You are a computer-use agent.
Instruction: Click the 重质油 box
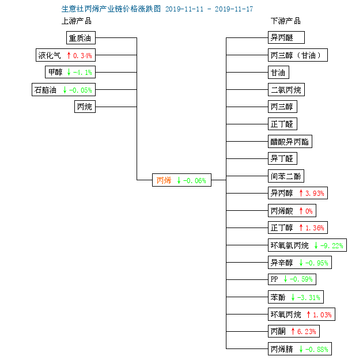pyautogui.click(x=81, y=37)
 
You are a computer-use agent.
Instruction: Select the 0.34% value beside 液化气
pyautogui.click(x=82, y=55)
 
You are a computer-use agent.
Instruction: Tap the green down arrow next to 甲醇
pyautogui.click(x=69, y=72)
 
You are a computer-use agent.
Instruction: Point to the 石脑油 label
pyautogui.click(x=46, y=90)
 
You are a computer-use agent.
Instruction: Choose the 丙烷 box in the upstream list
pyautogui.click(x=85, y=107)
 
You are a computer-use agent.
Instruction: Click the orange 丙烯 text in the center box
pyautogui.click(x=164, y=180)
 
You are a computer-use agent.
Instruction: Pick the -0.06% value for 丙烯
pyautogui.click(x=195, y=180)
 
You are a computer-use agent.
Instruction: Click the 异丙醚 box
pyautogui.click(x=286, y=37)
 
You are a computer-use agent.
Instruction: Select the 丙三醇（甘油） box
pyautogui.click(x=298, y=55)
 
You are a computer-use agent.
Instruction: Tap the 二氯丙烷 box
pyautogui.click(x=286, y=89)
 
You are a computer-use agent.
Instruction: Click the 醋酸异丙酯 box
pyautogui.click(x=290, y=141)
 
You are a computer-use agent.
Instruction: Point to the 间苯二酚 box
pyautogui.click(x=286, y=176)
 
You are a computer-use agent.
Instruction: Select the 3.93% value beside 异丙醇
pyautogui.click(x=315, y=193)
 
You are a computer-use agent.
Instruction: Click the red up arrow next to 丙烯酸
pyautogui.click(x=301, y=211)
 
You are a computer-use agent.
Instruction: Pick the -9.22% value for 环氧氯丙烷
pyautogui.click(x=331, y=245)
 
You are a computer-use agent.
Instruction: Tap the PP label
pyautogui.click(x=274, y=279)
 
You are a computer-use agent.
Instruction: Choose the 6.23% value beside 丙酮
pyautogui.click(x=307, y=332)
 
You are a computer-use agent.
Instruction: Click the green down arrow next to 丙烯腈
pyautogui.click(x=301, y=349)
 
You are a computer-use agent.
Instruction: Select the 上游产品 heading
pyautogui.click(x=77, y=21)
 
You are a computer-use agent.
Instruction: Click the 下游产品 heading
pyautogui.click(x=286, y=21)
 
